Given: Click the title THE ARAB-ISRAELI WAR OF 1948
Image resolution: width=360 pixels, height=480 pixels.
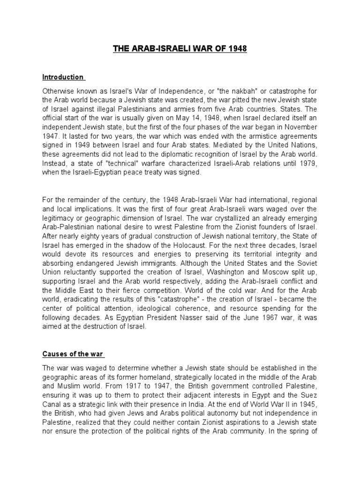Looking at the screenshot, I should tap(180, 49).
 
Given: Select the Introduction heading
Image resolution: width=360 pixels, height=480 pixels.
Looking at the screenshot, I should tap(63, 77).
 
